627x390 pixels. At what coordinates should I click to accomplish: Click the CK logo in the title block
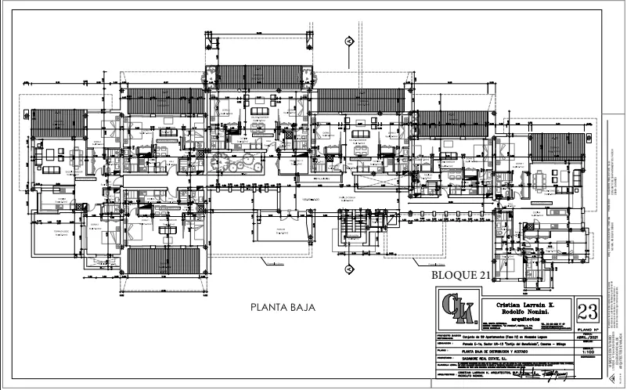[x=457, y=308]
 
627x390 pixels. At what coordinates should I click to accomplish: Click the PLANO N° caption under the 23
[x=587, y=330]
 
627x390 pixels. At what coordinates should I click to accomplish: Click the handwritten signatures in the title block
[x=540, y=376]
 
